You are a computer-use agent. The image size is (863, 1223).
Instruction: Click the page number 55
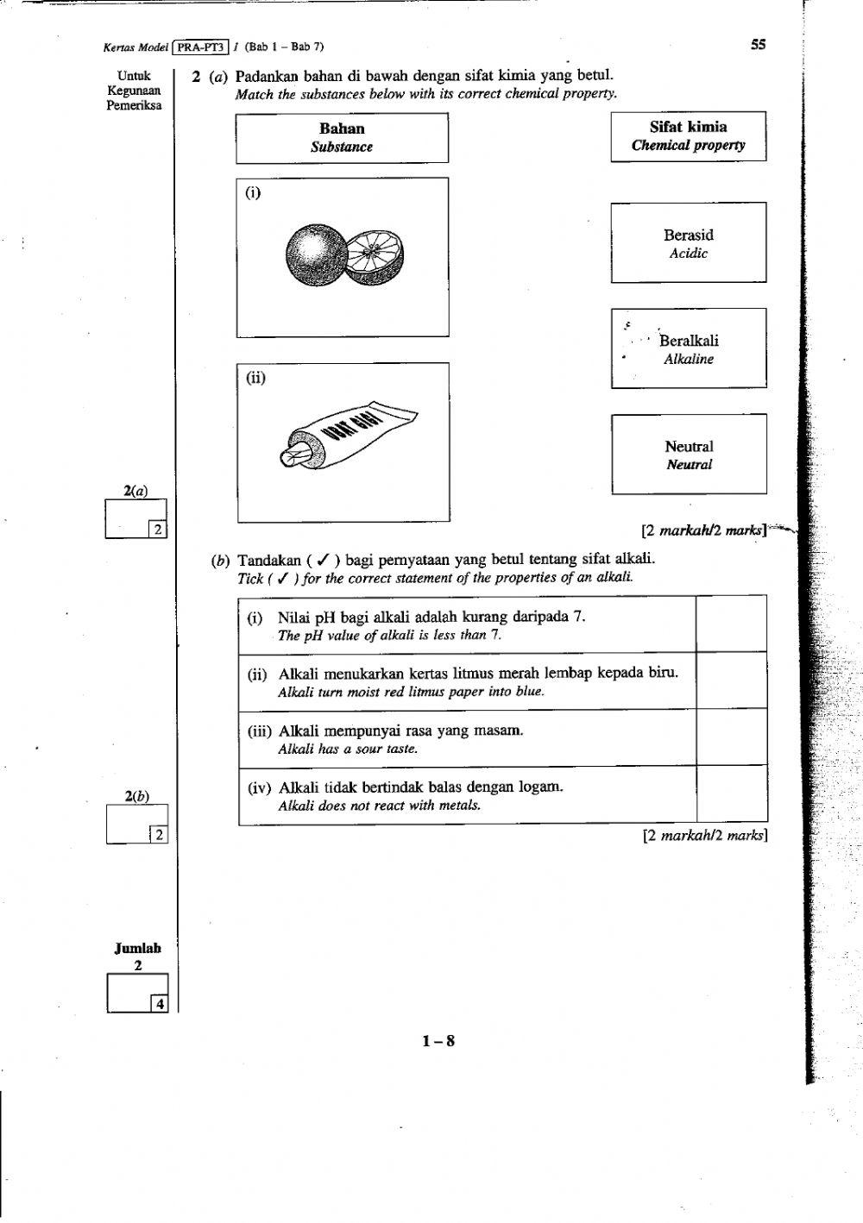pyautogui.click(x=758, y=45)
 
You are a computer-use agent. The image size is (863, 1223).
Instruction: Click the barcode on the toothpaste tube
pyautogui.click(x=354, y=426)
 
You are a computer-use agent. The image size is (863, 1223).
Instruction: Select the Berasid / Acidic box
pyautogui.click(x=688, y=242)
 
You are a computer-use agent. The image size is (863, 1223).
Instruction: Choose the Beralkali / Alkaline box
pyautogui.click(x=688, y=348)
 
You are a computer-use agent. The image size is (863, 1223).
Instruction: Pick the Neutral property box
pyautogui.click(x=688, y=455)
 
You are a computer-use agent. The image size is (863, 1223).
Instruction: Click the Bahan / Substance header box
pyautogui.click(x=342, y=138)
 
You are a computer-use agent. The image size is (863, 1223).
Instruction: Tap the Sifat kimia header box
pyautogui.click(x=688, y=136)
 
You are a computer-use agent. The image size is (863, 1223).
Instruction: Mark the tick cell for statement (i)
pyautogui.click(x=731, y=624)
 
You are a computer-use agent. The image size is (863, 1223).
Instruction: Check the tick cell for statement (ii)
pyautogui.click(x=731, y=680)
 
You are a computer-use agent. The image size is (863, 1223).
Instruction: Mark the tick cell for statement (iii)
pyautogui.click(x=731, y=737)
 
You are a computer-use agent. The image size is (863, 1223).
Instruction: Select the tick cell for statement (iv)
pyautogui.click(x=731, y=793)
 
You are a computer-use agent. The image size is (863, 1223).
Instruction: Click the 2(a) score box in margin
pyautogui.click(x=135, y=518)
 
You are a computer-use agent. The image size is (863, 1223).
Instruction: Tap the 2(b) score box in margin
pyautogui.click(x=136, y=823)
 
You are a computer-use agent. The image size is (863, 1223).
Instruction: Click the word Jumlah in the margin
pyautogui.click(x=138, y=949)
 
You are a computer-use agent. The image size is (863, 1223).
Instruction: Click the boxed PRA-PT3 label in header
pyautogui.click(x=201, y=47)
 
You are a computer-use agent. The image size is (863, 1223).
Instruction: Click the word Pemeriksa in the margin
pyautogui.click(x=134, y=105)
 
